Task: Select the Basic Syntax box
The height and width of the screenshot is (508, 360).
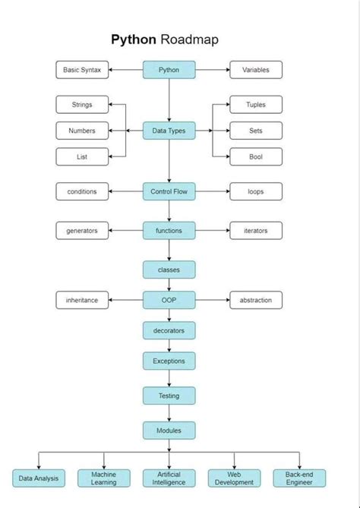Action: pyautogui.click(x=82, y=70)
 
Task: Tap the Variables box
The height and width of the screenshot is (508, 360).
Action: pyautogui.click(x=256, y=70)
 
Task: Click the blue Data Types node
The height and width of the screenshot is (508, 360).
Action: pyautogui.click(x=169, y=131)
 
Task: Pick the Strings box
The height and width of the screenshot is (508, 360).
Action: pyautogui.click(x=82, y=105)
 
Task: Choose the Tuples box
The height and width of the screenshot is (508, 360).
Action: pyautogui.click(x=256, y=105)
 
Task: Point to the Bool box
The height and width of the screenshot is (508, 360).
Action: pyautogui.click(x=256, y=156)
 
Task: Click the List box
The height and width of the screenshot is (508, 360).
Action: pyautogui.click(x=82, y=156)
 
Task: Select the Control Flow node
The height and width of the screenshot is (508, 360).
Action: pyautogui.click(x=169, y=191)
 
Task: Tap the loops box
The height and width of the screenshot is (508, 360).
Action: pyautogui.click(x=256, y=191)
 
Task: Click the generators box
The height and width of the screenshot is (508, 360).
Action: pyautogui.click(x=82, y=231)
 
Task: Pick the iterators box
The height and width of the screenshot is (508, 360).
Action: pyautogui.click(x=256, y=231)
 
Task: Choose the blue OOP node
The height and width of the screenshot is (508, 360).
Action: pyautogui.click(x=169, y=300)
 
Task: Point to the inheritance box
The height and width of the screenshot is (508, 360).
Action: pyautogui.click(x=82, y=300)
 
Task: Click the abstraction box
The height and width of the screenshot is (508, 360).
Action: pyautogui.click(x=256, y=300)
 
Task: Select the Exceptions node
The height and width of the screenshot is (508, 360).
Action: pyautogui.click(x=169, y=361)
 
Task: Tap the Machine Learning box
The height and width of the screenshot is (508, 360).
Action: pyautogui.click(x=104, y=478)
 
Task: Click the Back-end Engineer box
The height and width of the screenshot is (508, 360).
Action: pyautogui.click(x=299, y=478)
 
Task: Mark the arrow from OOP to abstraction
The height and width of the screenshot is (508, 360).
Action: pyautogui.click(x=213, y=300)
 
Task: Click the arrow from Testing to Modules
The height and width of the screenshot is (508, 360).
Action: pyautogui.click(x=169, y=413)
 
